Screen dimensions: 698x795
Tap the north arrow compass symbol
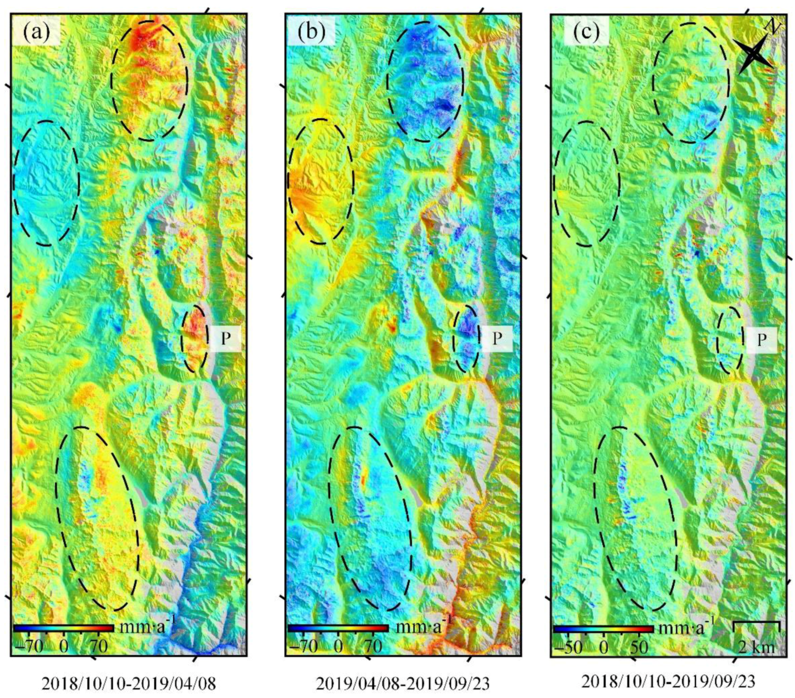tap(755, 51)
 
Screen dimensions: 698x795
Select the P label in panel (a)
tap(225, 338)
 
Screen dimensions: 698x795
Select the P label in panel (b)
tap(497, 338)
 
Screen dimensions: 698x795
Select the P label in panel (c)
tap(761, 340)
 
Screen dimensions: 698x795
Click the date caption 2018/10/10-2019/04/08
tap(128, 684)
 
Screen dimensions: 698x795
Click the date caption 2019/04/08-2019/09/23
tap(403, 684)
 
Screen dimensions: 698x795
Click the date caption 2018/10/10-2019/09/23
tap(668, 682)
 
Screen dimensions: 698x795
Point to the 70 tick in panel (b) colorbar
tap(373, 646)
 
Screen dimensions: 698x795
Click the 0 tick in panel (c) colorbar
tap(604, 647)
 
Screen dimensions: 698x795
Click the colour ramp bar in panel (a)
tap(64, 628)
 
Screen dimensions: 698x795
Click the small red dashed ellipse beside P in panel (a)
tap(195, 338)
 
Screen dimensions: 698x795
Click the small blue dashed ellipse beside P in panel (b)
tap(466, 338)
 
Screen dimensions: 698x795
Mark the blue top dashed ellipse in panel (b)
tap(425, 81)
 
